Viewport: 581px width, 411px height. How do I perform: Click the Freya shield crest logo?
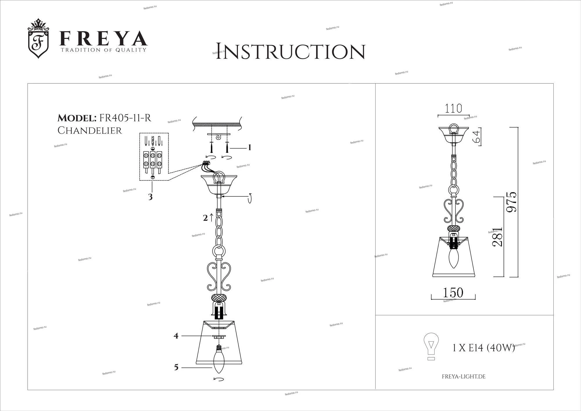click(x=38, y=38)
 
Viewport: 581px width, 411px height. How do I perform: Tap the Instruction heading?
click(x=290, y=51)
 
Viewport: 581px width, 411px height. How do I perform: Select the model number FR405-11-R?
click(x=125, y=118)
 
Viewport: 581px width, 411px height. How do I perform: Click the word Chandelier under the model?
click(x=89, y=131)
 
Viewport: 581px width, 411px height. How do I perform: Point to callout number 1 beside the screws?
click(x=249, y=148)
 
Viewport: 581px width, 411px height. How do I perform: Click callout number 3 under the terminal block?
click(x=150, y=197)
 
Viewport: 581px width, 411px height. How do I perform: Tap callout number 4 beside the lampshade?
click(x=176, y=336)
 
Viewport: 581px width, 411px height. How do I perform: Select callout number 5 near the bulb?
click(x=176, y=367)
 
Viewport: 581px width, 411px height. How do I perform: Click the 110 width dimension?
click(x=453, y=109)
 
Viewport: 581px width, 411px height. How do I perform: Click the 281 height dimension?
click(x=497, y=237)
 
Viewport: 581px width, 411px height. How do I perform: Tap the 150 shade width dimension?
click(x=453, y=293)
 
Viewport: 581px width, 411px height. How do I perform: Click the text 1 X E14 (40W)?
click(x=484, y=348)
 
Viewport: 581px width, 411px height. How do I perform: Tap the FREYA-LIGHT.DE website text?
click(x=464, y=377)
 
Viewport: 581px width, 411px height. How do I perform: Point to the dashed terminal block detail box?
click(x=154, y=157)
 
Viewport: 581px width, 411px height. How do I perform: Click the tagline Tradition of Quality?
click(x=103, y=50)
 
